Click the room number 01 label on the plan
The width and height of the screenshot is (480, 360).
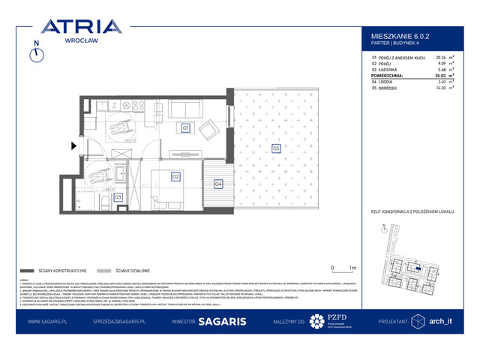click(184, 128)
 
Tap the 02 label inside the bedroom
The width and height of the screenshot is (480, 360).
click(175, 177)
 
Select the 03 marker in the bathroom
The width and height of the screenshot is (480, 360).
click(118, 196)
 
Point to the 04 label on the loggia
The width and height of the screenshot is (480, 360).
click(218, 183)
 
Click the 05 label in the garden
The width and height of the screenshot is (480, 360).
click(276, 148)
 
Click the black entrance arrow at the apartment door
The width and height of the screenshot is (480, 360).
click(73, 146)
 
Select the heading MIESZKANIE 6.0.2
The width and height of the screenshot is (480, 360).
click(397, 35)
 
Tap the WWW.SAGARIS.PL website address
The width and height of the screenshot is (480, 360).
click(49, 321)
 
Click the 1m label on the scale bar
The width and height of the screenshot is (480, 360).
click(352, 267)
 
